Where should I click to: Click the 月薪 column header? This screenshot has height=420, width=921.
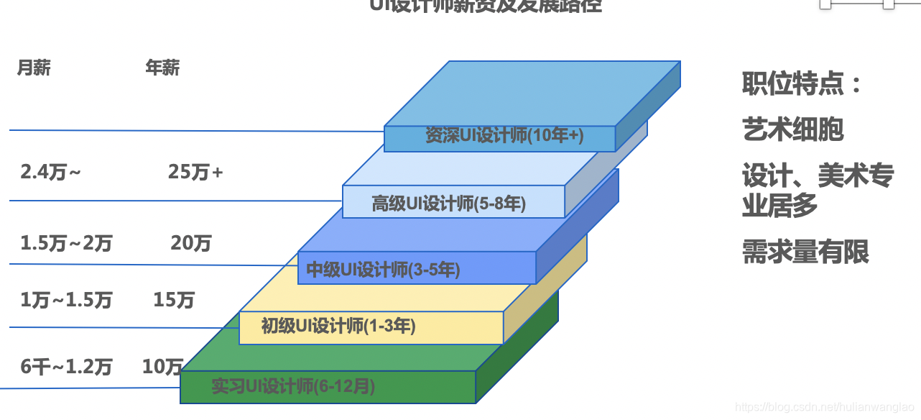click(x=34, y=68)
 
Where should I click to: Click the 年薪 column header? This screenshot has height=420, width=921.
click(x=162, y=68)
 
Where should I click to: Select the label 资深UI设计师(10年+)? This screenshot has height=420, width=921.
click(x=504, y=136)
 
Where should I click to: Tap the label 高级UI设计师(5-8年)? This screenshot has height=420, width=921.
click(x=449, y=204)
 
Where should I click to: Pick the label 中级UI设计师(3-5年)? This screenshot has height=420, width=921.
click(x=383, y=270)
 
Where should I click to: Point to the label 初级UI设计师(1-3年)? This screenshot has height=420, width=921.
click(x=338, y=326)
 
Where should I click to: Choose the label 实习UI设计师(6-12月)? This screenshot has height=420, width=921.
click(x=293, y=387)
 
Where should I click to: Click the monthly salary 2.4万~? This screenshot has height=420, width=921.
click(x=50, y=173)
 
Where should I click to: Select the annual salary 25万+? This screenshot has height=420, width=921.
click(x=195, y=173)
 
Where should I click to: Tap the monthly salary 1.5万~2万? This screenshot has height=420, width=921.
click(x=66, y=244)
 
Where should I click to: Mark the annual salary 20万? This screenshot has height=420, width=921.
click(x=191, y=244)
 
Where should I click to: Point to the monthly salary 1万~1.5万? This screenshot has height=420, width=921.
click(x=66, y=301)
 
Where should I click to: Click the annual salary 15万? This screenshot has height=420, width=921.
click(x=174, y=301)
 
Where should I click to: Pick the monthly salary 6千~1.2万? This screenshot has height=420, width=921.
click(x=66, y=367)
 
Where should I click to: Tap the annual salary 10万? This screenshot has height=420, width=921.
click(x=163, y=367)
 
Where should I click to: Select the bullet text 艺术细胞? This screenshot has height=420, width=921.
click(x=792, y=130)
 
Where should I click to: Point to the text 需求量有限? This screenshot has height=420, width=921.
click(x=805, y=252)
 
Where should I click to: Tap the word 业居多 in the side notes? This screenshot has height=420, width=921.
click(x=779, y=207)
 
